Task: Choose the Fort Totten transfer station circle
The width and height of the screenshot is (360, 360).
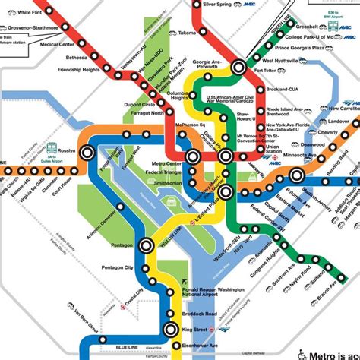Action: tap(239, 67)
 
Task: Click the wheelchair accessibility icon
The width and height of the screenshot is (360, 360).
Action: tap(302, 352)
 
